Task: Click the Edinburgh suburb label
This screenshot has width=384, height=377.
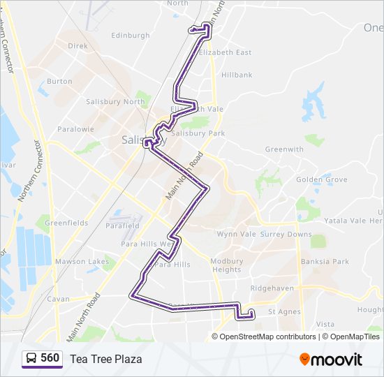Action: click(130, 35)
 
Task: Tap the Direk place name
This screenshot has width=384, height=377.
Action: click(77, 45)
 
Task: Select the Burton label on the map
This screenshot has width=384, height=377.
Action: click(59, 81)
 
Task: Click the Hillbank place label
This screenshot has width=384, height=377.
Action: click(237, 75)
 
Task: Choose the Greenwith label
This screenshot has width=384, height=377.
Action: click(284, 149)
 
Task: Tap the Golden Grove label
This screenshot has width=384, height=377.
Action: click(321, 179)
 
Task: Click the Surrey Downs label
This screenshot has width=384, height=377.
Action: click(286, 235)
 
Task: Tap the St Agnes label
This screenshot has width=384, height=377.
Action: click(283, 311)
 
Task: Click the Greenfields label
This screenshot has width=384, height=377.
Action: click(66, 223)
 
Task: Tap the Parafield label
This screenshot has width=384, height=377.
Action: click(124, 226)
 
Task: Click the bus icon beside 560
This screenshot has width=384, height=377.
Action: click(31, 359)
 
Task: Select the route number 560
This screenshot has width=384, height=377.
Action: click(50, 358)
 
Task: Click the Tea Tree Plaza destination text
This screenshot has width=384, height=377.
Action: click(105, 359)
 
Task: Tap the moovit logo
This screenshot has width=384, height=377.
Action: click(331, 360)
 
